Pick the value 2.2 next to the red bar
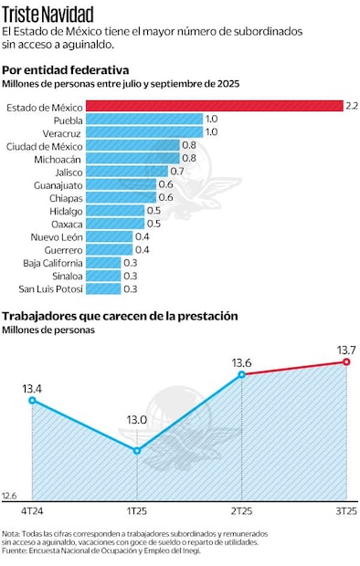(352, 106)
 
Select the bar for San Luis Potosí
(103, 288)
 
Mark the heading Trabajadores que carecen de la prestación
(120, 316)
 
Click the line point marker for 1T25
(137, 450)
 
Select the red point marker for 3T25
(346, 362)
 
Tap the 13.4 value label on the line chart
(33, 387)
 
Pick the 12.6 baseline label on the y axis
(10, 495)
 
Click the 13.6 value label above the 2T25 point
(242, 362)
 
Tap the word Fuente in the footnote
(16, 549)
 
